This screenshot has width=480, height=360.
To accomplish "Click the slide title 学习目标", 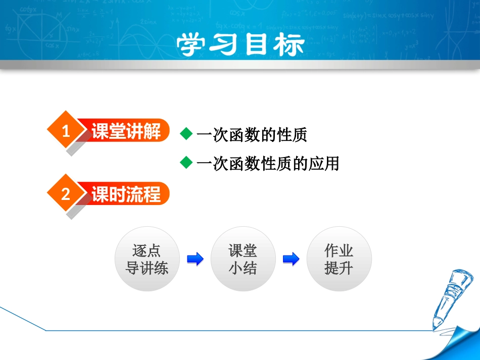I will click(x=241, y=45).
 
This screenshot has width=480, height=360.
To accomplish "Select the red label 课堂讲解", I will click(x=126, y=131).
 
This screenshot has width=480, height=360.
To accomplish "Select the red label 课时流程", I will click(x=126, y=194).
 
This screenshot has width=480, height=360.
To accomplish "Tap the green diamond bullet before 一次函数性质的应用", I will click(x=186, y=162).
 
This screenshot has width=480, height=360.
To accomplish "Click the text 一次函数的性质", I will click(x=252, y=134).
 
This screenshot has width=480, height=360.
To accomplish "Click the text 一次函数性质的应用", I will click(x=268, y=163).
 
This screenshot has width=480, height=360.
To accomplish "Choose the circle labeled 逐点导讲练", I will click(x=147, y=259).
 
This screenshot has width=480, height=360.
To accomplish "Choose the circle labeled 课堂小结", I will click(x=243, y=259).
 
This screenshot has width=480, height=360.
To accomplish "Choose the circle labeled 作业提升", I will click(x=339, y=259).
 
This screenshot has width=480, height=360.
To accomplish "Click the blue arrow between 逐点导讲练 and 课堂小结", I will click(x=195, y=260).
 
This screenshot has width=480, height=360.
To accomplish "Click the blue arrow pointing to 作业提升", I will click(x=291, y=260).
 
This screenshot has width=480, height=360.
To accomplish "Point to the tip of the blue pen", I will click(x=435, y=326).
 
